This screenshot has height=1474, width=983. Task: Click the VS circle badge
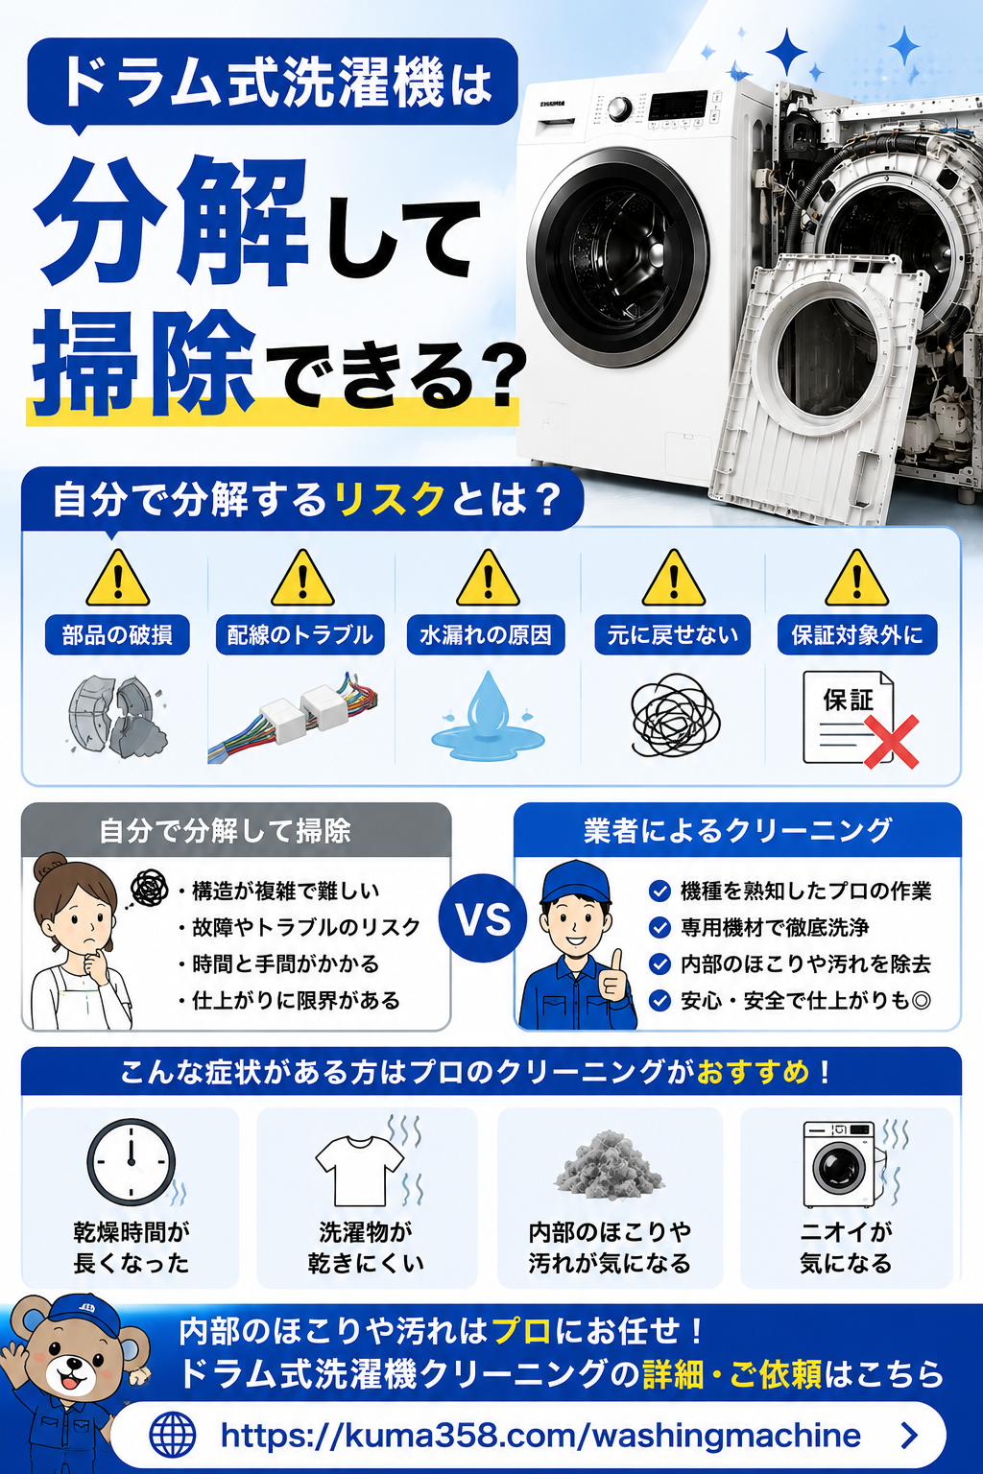click(483, 918)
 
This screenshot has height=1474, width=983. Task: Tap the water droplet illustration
click(488, 716)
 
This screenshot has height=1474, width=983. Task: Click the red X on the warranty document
click(891, 742)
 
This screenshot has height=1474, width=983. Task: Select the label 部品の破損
click(117, 635)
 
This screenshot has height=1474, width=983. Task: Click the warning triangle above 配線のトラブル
click(302, 579)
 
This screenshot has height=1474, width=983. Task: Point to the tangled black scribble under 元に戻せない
click(675, 715)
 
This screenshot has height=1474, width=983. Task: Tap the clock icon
click(131, 1162)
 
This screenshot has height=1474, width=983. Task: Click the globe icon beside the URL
click(173, 1435)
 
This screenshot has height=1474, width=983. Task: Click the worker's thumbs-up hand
click(613, 975)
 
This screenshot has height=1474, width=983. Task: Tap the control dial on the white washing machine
click(619, 109)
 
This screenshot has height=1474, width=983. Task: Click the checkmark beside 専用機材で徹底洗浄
click(659, 927)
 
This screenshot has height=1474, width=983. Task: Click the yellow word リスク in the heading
click(389, 499)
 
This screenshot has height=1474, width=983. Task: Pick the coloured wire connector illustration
click(294, 717)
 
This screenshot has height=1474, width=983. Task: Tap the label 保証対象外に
click(857, 635)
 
